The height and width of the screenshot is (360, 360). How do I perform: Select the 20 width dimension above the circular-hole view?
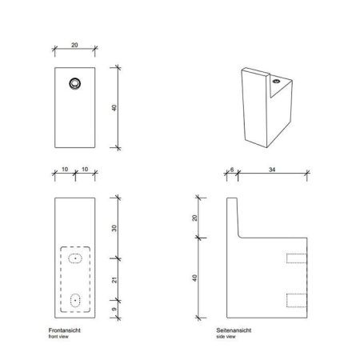[x=74, y=46]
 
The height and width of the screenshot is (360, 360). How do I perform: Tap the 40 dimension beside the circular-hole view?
[x=116, y=107]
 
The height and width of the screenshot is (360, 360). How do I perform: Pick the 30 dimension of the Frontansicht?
[x=116, y=228]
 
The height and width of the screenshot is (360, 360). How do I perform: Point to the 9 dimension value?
[x=116, y=306]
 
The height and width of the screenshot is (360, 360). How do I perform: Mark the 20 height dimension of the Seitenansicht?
[x=194, y=218]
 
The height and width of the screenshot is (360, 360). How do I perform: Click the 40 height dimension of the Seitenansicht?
[x=194, y=278]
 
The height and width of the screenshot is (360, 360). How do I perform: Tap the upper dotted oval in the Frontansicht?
[x=75, y=258]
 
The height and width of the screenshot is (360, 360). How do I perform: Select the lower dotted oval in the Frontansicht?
[x=75, y=300]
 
